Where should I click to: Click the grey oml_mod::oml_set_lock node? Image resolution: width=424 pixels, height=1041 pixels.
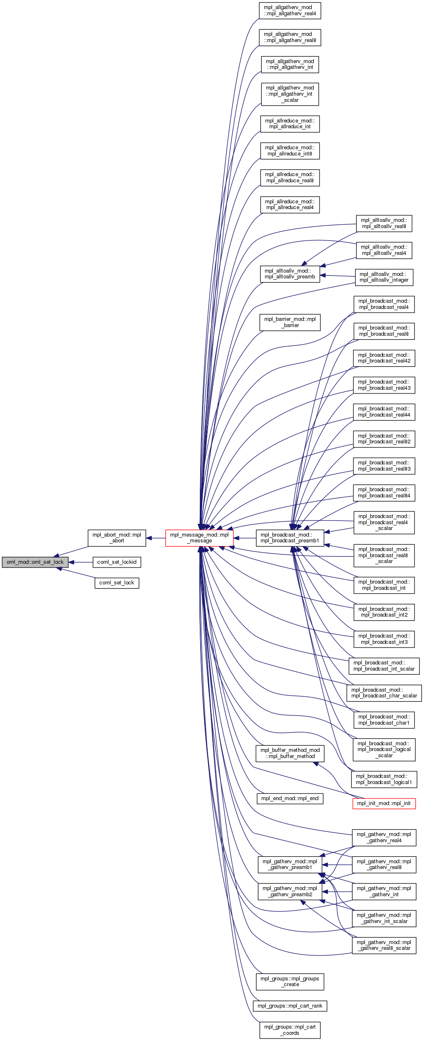click(35, 562)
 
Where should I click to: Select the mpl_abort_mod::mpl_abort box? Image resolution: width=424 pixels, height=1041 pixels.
click(117, 538)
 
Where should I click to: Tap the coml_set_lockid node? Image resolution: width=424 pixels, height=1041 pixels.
click(117, 562)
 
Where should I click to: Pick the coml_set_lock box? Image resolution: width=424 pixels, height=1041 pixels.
click(117, 583)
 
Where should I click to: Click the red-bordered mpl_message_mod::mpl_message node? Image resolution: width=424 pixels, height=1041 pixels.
click(199, 538)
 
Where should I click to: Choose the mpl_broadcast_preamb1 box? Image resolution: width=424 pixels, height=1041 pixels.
click(290, 538)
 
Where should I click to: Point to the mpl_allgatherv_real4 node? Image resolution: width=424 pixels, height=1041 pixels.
click(290, 11)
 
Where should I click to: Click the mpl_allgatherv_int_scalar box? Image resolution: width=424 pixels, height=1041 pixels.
click(290, 94)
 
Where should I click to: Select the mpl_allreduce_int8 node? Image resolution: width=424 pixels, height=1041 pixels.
click(290, 151)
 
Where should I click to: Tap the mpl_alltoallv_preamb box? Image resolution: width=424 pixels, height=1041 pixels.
click(290, 274)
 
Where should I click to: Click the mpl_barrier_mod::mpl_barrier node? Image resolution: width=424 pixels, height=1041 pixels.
click(290, 322)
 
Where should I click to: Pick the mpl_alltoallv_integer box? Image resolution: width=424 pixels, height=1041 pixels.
click(384, 277)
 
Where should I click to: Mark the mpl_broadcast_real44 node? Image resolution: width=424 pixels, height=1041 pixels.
click(384, 412)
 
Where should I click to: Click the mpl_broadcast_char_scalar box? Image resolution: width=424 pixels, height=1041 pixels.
click(384, 693)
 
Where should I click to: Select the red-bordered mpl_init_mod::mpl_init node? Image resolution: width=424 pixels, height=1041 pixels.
click(384, 803)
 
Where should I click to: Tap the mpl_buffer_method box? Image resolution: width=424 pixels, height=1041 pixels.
click(290, 753)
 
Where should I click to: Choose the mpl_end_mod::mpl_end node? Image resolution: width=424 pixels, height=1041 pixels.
click(290, 798)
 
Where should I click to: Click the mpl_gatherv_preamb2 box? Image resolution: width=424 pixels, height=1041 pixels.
click(290, 892)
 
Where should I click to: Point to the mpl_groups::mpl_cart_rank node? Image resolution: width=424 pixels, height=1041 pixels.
click(290, 1006)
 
